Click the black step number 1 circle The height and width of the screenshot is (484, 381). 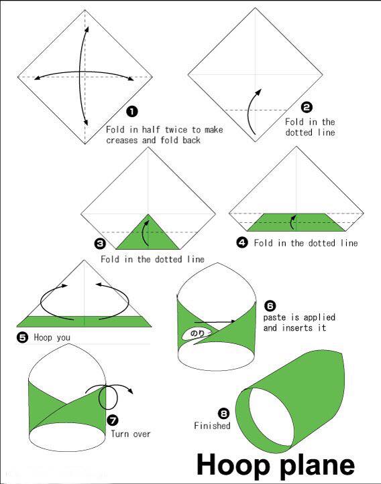click(x=132, y=111)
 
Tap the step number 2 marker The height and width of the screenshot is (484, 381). click(x=307, y=107)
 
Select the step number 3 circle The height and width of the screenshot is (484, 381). click(x=99, y=244)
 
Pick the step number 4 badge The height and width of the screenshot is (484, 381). click(x=242, y=242)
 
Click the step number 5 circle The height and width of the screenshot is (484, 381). click(x=22, y=337)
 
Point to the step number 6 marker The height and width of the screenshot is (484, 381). click(x=270, y=306)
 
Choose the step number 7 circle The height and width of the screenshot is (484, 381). click(x=113, y=420)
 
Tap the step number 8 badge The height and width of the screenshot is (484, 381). click(x=223, y=413)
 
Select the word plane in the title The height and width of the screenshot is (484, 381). click(x=317, y=466)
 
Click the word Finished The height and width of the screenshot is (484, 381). click(x=212, y=426)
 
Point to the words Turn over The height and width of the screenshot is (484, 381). click(x=131, y=434)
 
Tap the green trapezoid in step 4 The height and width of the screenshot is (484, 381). click(x=296, y=222)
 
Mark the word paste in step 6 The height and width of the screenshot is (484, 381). click(x=274, y=317)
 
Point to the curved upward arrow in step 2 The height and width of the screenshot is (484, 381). click(x=251, y=112)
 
